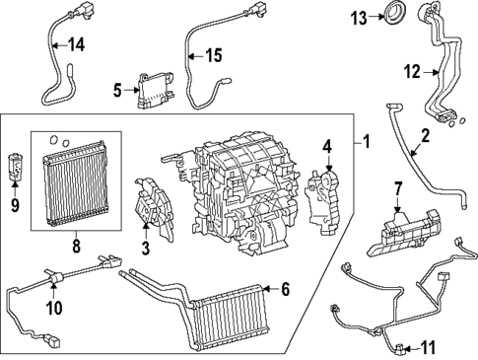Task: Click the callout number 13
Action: click(360, 16)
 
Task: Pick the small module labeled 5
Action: click(154, 89)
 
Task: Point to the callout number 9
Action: click(15, 206)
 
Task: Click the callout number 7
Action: click(398, 186)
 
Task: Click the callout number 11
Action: click(427, 346)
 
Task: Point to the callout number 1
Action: click(366, 141)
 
